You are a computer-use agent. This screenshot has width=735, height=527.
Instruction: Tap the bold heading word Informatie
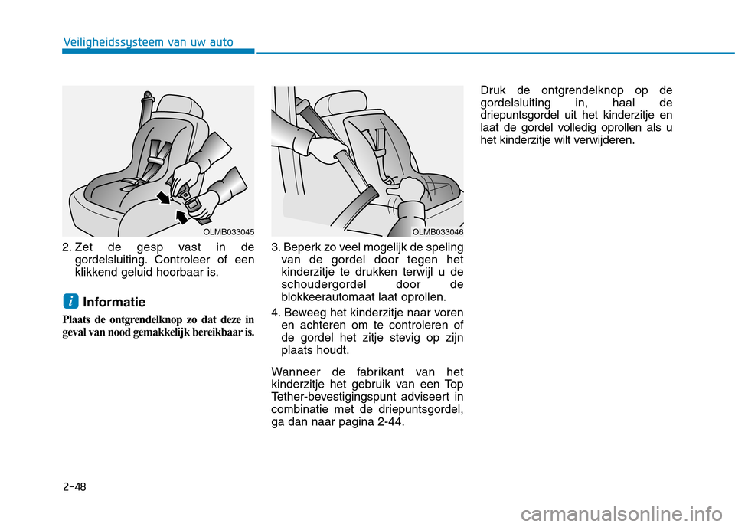(114, 303)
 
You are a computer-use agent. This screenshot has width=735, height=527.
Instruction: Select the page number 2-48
(75, 486)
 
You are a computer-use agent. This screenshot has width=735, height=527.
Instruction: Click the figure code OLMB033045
(229, 231)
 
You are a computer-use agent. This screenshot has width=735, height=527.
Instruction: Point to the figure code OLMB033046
(438, 231)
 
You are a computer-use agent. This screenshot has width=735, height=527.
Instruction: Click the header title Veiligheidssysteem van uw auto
(149, 42)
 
